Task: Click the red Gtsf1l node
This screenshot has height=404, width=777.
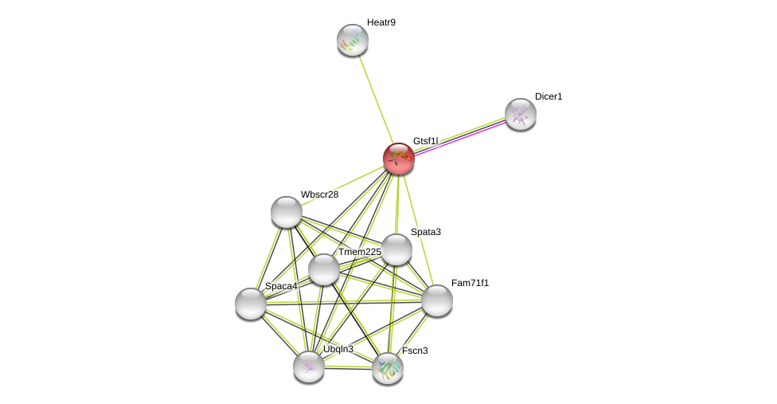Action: click(x=398, y=159)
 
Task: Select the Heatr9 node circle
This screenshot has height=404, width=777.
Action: click(x=352, y=40)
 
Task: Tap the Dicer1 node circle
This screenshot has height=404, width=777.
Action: click(x=520, y=114)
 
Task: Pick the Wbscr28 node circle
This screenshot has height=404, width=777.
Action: click(x=286, y=212)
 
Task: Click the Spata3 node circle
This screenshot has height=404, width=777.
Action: click(x=396, y=249)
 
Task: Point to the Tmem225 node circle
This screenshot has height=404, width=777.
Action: click(x=324, y=269)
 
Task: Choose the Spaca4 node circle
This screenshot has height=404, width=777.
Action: click(x=251, y=304)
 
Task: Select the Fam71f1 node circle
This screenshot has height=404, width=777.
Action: click(x=437, y=300)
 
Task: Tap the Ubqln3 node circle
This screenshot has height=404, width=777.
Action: click(x=308, y=367)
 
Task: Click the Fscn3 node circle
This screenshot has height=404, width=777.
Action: click(x=388, y=368)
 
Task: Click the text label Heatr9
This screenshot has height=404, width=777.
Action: click(x=381, y=22)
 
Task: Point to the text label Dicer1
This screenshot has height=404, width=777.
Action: click(x=549, y=96)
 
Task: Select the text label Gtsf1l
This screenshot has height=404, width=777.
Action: click(x=425, y=141)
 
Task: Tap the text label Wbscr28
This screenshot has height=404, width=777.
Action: click(x=319, y=194)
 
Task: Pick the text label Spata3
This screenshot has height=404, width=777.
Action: click(x=426, y=232)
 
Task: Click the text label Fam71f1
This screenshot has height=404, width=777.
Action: click(x=470, y=283)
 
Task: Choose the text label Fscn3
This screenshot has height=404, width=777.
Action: click(x=415, y=351)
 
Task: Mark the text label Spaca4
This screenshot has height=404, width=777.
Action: click(x=281, y=286)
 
